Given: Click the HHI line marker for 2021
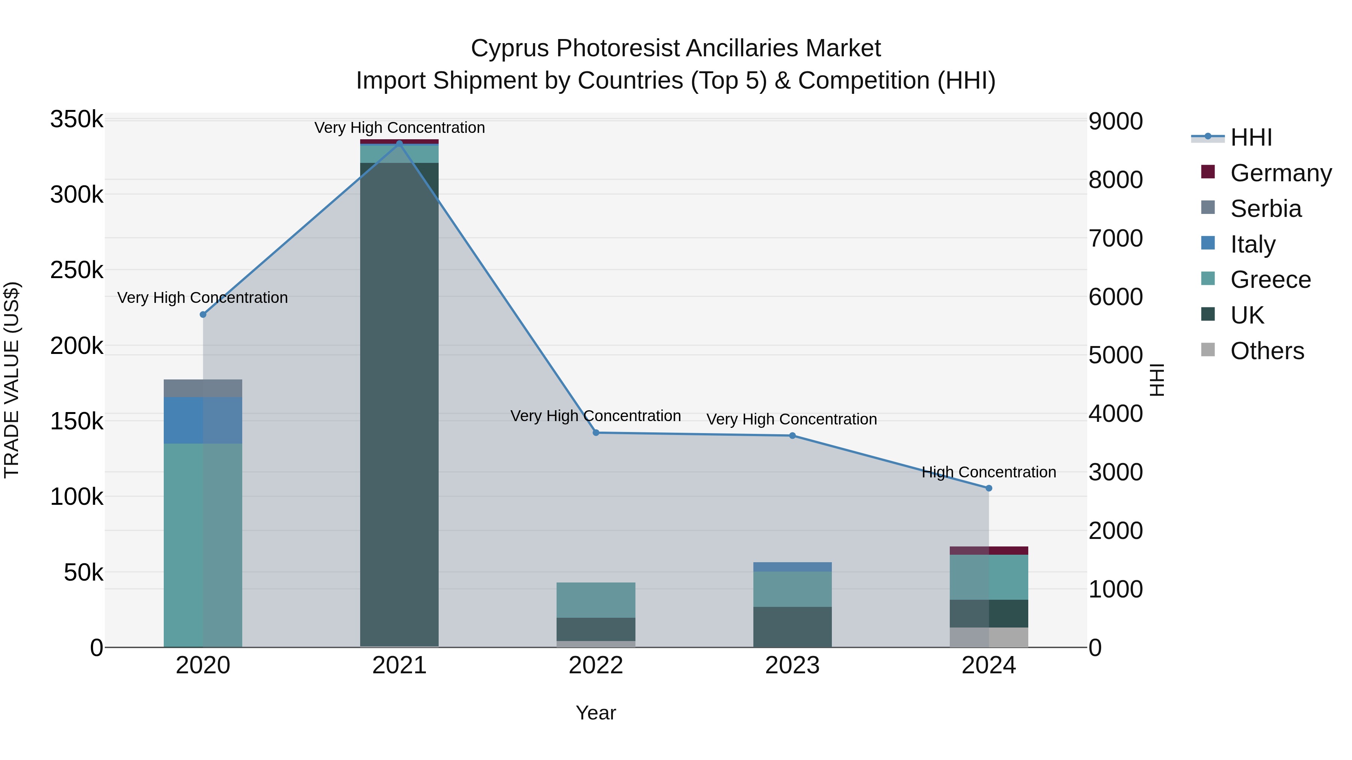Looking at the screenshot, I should pyautogui.click(x=400, y=143).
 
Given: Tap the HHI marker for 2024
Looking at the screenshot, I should pyautogui.click(x=989, y=488).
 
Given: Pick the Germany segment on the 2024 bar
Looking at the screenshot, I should pyautogui.click(x=989, y=551).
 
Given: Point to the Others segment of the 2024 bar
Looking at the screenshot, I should pyautogui.click(x=989, y=637).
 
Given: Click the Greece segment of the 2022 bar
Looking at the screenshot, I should pyautogui.click(x=596, y=600).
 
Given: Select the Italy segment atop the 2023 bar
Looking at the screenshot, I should pyautogui.click(x=792, y=567).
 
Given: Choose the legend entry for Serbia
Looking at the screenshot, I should pyautogui.click(x=1265, y=209).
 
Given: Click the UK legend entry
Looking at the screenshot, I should pyautogui.click(x=1246, y=315).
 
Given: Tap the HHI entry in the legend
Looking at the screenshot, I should pyautogui.click(x=1251, y=137).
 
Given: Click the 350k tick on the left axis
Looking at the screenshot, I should pyautogui.click(x=77, y=120).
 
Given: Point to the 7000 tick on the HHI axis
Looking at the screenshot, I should pyautogui.click(x=1115, y=238).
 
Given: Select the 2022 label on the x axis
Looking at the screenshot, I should pyautogui.click(x=596, y=665).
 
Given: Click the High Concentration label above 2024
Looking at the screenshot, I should pyautogui.click(x=989, y=472).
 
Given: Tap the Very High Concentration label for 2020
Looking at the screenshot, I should pyautogui.click(x=202, y=297).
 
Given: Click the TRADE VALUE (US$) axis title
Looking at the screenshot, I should pyautogui.click(x=12, y=380).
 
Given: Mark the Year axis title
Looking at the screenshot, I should pyautogui.click(x=596, y=713).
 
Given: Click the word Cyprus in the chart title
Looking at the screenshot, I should pyautogui.click(x=510, y=48).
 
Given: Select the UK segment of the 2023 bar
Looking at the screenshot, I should pyautogui.click(x=792, y=627).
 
